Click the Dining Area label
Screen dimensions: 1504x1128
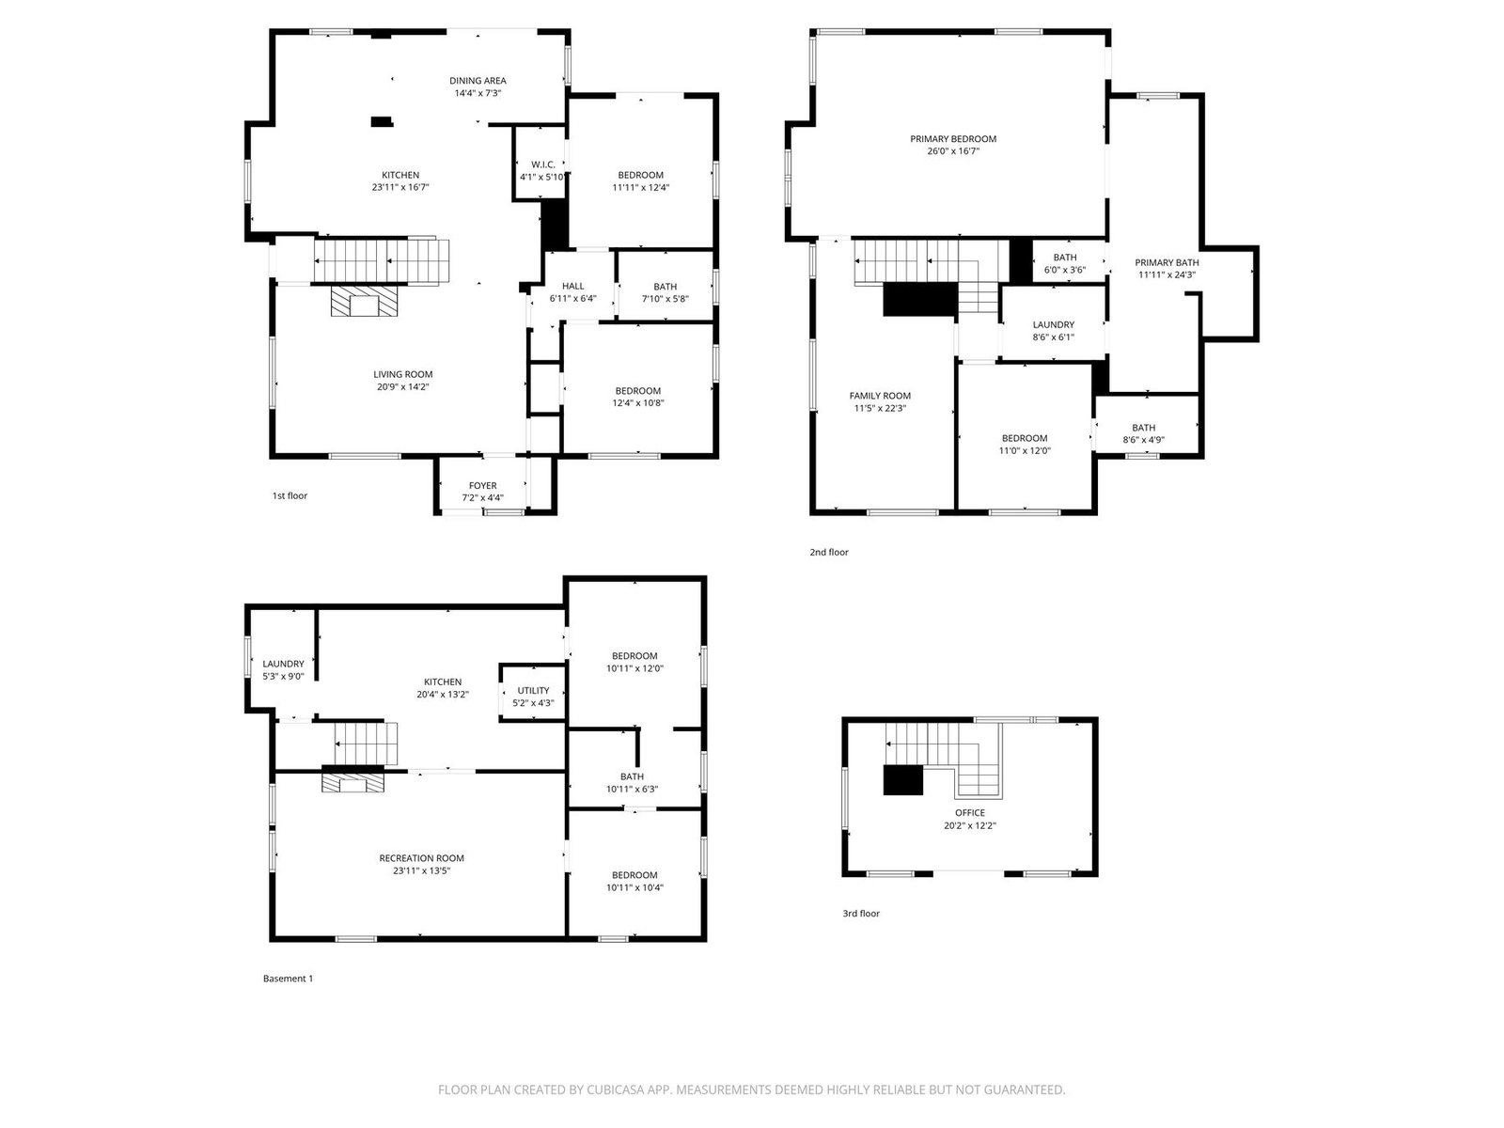click(x=478, y=81)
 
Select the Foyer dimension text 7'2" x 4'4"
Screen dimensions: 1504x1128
click(x=482, y=498)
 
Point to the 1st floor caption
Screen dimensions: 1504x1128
click(x=290, y=496)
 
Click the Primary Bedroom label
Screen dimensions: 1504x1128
click(x=953, y=139)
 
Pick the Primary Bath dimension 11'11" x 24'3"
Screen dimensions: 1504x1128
click(x=1167, y=275)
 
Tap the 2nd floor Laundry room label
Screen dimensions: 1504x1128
click(x=1053, y=324)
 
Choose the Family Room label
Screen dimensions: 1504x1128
click(x=880, y=396)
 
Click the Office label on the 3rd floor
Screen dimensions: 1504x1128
click(x=969, y=813)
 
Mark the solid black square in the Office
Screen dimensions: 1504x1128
click(x=903, y=780)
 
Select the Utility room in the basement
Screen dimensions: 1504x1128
click(x=533, y=693)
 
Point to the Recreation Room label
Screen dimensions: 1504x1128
click(x=421, y=858)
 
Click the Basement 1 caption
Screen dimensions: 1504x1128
click(x=288, y=979)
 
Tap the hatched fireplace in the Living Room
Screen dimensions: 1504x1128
click(x=364, y=302)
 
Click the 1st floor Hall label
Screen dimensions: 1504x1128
click(x=572, y=287)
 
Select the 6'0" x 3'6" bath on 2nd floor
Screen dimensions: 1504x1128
click(x=1065, y=270)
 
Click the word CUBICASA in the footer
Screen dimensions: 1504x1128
click(x=614, y=1089)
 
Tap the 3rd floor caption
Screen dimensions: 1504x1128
click(x=861, y=914)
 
